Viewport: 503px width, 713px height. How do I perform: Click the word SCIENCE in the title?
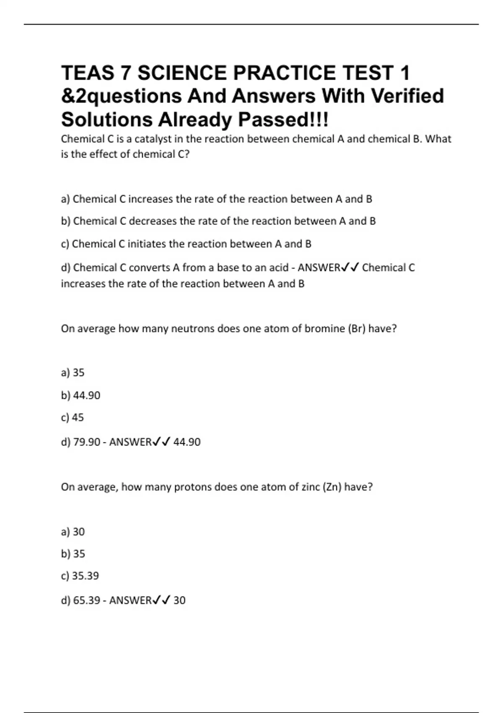tap(182, 73)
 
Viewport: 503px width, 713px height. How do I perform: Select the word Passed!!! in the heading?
tap(284, 120)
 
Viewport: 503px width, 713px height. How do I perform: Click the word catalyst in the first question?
tap(153, 139)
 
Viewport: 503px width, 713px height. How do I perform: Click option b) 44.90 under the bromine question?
tap(81, 395)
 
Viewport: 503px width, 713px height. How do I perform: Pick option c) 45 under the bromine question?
tap(73, 417)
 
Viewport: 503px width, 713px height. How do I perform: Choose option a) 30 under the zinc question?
tap(73, 532)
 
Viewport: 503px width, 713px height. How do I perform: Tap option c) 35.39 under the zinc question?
tap(80, 575)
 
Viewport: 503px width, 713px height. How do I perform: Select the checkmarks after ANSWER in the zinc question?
tap(161, 600)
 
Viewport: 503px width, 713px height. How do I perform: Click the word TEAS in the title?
tap(88, 73)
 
